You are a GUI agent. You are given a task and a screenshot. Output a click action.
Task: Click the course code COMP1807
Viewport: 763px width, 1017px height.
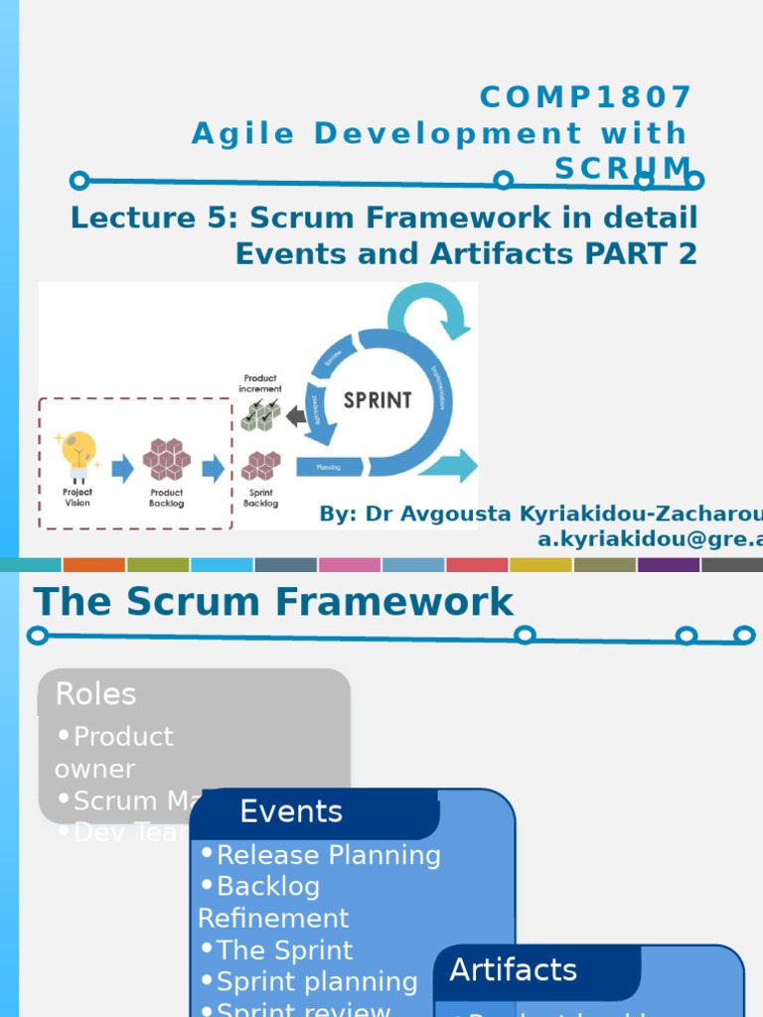(x=585, y=97)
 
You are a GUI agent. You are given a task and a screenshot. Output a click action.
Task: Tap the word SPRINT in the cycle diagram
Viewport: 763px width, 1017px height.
(x=377, y=400)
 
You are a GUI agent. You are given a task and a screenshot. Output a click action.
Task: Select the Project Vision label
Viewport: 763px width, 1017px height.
(x=77, y=498)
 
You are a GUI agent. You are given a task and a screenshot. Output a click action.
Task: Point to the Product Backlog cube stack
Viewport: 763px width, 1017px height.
(x=166, y=459)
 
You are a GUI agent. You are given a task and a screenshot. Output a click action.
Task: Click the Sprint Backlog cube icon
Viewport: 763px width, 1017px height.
(x=260, y=465)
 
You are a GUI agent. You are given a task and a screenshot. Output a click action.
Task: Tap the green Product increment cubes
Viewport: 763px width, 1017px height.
(x=260, y=415)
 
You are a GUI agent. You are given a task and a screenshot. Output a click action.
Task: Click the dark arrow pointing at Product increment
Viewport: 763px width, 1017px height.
(x=296, y=416)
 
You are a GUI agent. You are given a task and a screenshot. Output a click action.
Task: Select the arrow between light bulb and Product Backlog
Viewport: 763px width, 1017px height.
(x=122, y=468)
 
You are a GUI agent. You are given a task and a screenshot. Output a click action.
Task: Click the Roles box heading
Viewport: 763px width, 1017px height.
(x=96, y=693)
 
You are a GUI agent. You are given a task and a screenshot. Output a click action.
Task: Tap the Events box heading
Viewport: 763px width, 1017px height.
(x=291, y=811)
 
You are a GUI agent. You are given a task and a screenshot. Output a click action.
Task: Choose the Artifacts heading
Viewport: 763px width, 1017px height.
(x=513, y=969)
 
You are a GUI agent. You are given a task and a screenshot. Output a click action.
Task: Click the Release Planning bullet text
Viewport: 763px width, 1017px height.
(x=328, y=855)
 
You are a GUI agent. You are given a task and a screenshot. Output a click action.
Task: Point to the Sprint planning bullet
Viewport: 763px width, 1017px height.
(x=316, y=981)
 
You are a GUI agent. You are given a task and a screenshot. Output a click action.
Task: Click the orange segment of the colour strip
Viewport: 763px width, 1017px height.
(x=94, y=564)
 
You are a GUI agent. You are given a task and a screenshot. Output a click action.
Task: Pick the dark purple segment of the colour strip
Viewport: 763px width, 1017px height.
(x=669, y=564)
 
